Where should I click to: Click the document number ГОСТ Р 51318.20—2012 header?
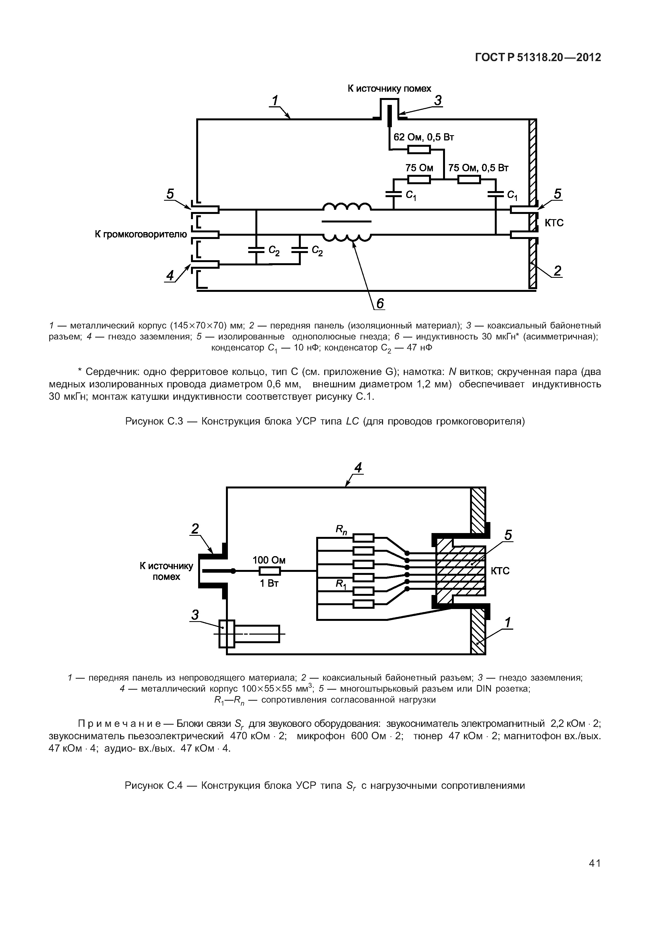(x=538, y=58)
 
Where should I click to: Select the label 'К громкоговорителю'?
(x=141, y=234)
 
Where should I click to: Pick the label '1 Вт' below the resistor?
(x=269, y=584)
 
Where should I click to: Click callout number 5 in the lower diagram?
(x=508, y=535)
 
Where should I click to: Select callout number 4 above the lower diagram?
(x=358, y=468)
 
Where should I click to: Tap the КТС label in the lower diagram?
(x=500, y=571)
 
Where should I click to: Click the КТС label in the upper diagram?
(x=554, y=223)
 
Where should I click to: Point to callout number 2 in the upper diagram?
(x=557, y=271)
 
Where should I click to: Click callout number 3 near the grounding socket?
(x=195, y=615)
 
